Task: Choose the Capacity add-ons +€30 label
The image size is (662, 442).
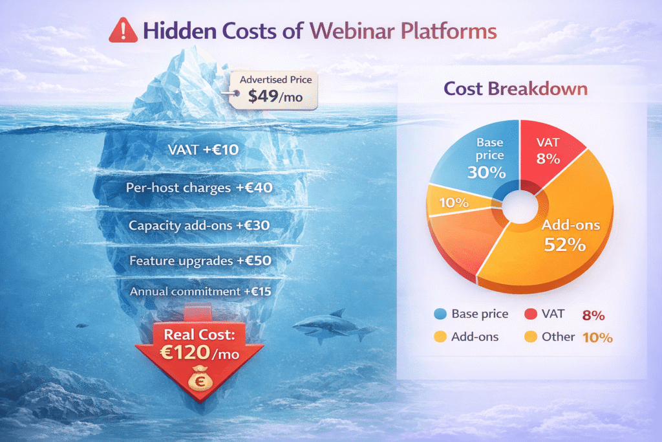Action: [199, 226]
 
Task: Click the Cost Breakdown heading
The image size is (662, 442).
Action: [515, 88]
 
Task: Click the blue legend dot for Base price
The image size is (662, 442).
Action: [441, 315]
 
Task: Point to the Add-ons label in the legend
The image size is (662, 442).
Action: [475, 337]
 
